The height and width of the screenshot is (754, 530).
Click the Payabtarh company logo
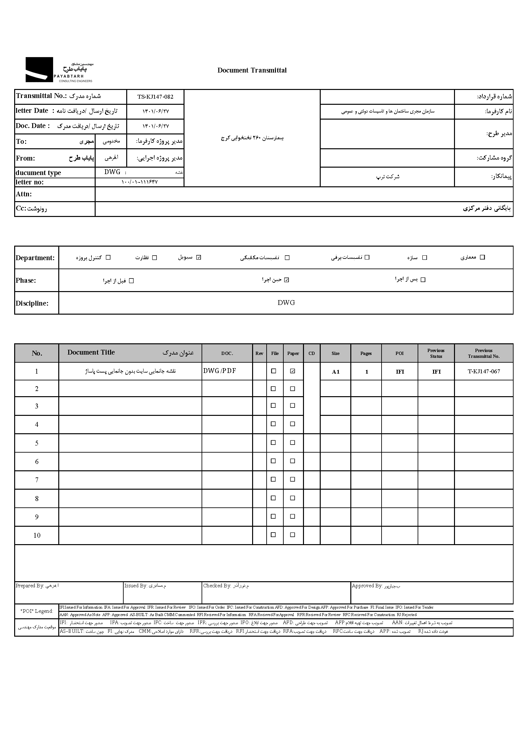tap(59, 70)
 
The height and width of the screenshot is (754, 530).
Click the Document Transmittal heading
tap(252, 70)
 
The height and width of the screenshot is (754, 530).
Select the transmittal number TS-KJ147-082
tap(155, 97)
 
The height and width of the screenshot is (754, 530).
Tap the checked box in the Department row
tap(198, 258)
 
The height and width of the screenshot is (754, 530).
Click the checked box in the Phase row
tap(287, 280)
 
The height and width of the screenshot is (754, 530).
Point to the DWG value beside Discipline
tap(286, 303)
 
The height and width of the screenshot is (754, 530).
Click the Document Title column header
tap(91, 352)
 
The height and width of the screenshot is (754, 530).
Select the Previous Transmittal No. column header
tap(483, 353)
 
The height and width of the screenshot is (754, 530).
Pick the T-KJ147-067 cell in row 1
tap(484, 371)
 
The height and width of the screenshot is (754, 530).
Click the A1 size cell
tap(336, 372)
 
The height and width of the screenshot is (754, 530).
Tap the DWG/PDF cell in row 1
tap(220, 371)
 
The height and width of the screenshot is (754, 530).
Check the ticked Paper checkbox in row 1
tap(293, 371)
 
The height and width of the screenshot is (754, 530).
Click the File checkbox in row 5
tap(273, 442)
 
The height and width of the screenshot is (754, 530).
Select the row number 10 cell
tap(37, 536)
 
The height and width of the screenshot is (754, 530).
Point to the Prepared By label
tap(30, 586)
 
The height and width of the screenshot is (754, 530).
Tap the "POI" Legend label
tap(37, 611)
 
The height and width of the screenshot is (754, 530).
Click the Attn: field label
tap(24, 194)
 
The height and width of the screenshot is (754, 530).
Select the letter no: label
tap(30, 182)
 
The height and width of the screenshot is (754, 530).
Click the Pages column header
tap(366, 353)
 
